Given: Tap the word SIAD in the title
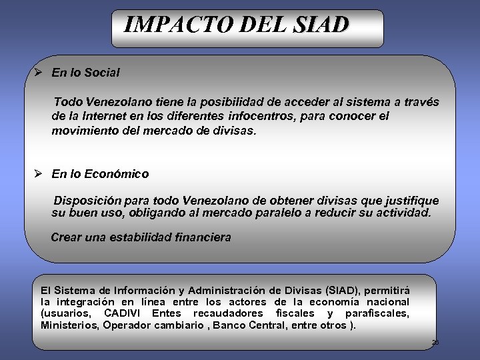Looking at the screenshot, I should [320, 25].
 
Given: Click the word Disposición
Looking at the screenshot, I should [88, 201].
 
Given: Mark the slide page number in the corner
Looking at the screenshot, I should [435, 342].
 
